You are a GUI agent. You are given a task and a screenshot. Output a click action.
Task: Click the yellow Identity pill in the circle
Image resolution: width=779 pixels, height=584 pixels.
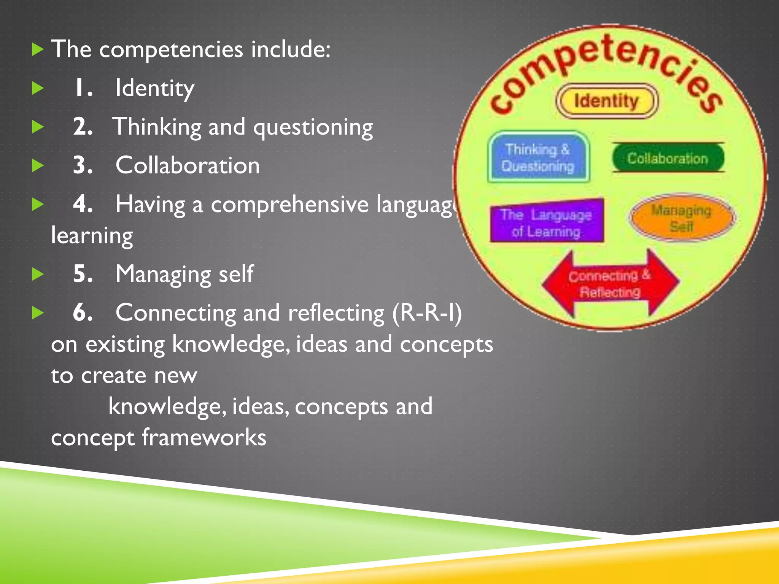point(606,101)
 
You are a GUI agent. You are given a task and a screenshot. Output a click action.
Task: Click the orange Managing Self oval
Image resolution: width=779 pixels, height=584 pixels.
point(682,218)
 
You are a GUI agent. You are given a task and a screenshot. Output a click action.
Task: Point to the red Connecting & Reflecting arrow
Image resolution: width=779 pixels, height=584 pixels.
point(610,284)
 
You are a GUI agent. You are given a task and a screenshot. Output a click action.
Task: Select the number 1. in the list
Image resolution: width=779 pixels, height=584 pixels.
point(83,88)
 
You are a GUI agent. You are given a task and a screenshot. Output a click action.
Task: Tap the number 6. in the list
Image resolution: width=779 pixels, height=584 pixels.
point(83,313)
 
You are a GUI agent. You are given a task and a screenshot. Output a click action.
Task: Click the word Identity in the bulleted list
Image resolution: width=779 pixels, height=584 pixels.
point(155,88)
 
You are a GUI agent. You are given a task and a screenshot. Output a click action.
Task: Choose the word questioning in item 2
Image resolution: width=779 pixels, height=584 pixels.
point(313,127)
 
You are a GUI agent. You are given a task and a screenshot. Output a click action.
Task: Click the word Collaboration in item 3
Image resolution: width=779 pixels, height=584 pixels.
point(188,165)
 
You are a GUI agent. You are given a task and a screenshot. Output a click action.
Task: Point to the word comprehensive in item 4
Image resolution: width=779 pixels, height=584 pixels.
point(289,205)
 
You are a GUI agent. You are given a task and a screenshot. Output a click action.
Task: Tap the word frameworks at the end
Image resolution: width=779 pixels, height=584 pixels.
point(204,437)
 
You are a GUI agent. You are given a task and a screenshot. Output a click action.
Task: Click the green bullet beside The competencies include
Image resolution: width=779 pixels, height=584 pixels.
point(38,49)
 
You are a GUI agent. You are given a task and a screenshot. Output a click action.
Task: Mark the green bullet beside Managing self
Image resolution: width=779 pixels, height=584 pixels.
point(38,274)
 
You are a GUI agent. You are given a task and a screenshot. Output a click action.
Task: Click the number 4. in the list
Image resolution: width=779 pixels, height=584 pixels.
point(83,204)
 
